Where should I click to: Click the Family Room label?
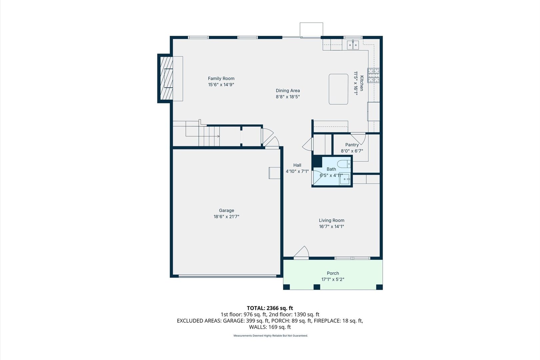pos(221,78)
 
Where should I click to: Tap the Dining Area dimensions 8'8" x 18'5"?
pos(288,97)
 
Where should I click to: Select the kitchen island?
pos(338,89)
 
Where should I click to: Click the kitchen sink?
pos(353,45)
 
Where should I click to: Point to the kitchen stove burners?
pos(373,75)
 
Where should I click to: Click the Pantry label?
pos(352,145)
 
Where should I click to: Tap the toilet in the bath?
pos(344,164)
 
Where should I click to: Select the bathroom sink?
pos(345,179)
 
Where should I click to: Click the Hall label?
pos(297,165)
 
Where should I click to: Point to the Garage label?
pos(226,210)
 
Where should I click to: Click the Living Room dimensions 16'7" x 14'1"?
pos(331,226)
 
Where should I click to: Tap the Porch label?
pos(333,273)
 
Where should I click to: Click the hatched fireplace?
pos(166,78)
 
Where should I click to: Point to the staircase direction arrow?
pos(203,136)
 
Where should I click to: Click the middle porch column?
pos(317,287)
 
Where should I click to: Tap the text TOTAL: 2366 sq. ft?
pos(270,308)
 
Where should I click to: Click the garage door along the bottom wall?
pos(227,276)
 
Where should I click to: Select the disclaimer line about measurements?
pos(270,336)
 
